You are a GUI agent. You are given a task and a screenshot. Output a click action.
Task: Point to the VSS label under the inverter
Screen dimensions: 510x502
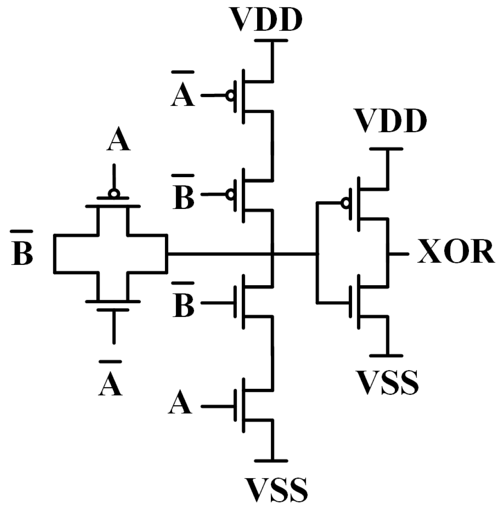(x=387, y=382)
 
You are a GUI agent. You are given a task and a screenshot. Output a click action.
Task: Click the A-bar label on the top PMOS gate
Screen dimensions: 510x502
(x=183, y=94)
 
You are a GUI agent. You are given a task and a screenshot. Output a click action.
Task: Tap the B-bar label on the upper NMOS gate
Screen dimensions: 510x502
(x=183, y=305)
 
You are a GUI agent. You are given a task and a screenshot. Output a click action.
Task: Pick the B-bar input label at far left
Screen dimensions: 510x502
(x=22, y=253)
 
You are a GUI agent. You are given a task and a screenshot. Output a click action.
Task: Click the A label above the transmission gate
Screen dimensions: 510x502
(x=118, y=141)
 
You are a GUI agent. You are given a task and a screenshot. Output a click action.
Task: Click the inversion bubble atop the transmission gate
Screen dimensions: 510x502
(x=114, y=193)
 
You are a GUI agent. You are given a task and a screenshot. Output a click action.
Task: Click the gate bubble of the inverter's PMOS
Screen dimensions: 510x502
(x=345, y=202)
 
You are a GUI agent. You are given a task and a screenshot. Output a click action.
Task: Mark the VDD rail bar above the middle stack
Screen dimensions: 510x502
(x=271, y=41)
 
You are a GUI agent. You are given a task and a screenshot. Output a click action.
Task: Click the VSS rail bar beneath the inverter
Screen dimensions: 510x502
(x=386, y=355)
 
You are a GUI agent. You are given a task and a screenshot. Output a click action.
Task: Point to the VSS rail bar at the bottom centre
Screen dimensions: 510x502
(x=271, y=461)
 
